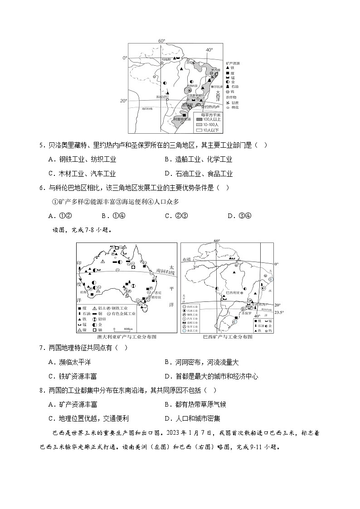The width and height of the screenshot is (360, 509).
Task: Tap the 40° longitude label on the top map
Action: pyautogui.click(x=209, y=50)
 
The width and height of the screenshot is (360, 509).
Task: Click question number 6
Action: pyautogui.click(x=42, y=188)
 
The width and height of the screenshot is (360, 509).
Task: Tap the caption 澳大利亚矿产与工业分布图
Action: pyautogui.click(x=124, y=337)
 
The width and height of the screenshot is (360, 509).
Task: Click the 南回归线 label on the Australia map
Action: pyautogui.click(x=165, y=271)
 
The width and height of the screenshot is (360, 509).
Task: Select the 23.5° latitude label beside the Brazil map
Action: pyautogui.click(x=279, y=312)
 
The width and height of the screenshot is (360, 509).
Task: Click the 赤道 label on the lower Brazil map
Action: pyautogui.click(x=187, y=260)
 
